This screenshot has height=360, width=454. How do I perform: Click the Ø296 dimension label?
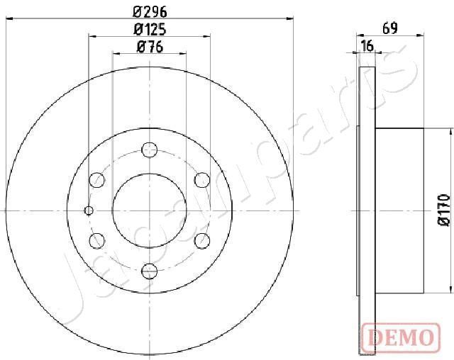tap(150, 12)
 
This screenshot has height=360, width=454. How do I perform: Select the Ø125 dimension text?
tap(150, 30)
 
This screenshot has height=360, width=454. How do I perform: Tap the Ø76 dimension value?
tap(150, 47)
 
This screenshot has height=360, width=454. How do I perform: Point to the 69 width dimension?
tap(389, 29)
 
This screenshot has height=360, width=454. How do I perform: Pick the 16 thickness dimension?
tap(367, 47)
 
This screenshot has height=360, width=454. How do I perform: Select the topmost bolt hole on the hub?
tap(150, 150)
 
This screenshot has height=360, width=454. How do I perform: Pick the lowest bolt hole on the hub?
tap(150, 271)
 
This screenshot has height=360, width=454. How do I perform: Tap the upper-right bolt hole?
tap(202, 180)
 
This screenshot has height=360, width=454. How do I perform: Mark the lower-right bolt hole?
tap(202, 240)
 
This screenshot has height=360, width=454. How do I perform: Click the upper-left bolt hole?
tap(97, 180)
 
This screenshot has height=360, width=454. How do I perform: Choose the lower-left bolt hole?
tap(97, 240)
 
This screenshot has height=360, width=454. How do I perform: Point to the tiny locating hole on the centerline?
tap(89, 210)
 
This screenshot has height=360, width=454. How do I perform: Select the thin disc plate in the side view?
tap(366, 210)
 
